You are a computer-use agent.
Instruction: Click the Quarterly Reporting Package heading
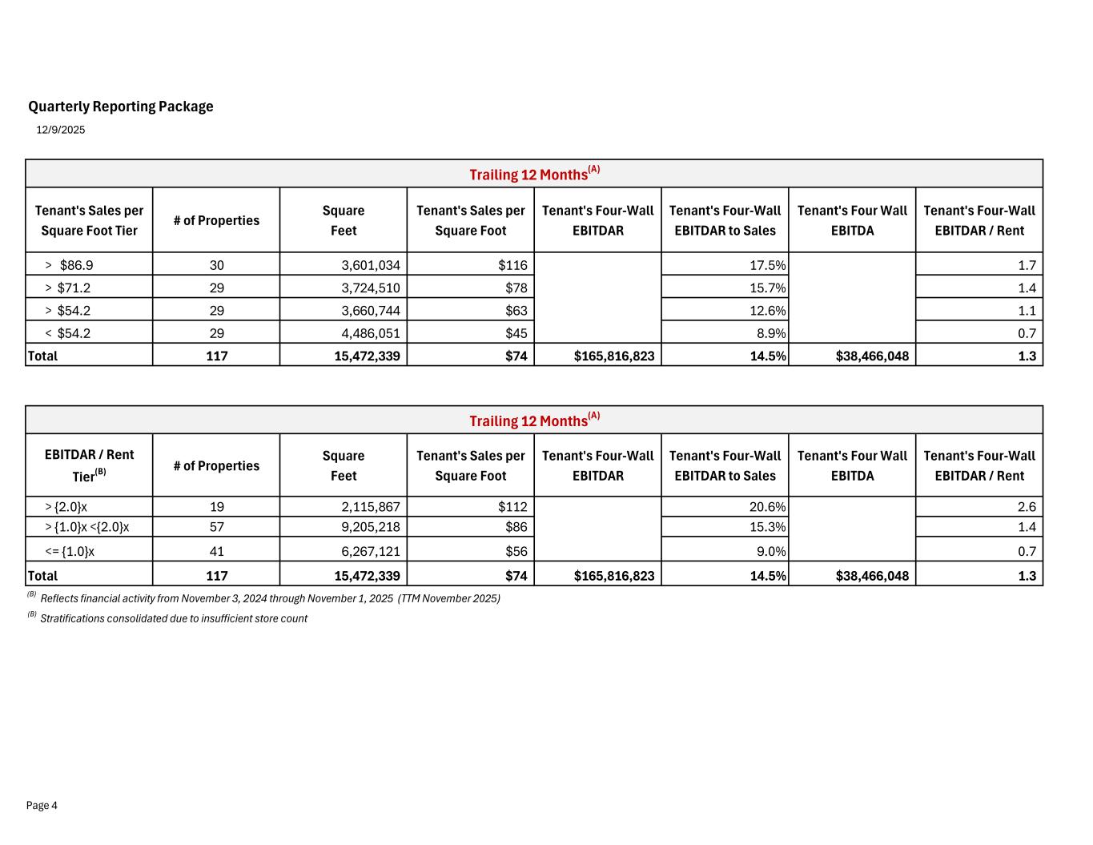pos(121,107)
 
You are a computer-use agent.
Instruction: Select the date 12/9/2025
pos(61,130)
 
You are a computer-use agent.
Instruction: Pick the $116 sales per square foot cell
pos(513,265)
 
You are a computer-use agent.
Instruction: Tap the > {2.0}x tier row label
pos(66,506)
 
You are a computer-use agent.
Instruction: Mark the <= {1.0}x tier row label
pos(70,551)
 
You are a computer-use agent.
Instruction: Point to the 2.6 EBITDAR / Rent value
pos(1027,506)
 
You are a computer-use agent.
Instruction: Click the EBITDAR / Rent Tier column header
pos(89,465)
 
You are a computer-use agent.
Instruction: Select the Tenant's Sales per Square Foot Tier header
pos(89,220)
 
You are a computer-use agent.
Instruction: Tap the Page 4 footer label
pos(42,806)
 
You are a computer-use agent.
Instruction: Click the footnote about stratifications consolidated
pos(173,618)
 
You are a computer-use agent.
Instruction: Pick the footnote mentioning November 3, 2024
pos(270,598)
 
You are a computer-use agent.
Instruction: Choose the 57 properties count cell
pos(216,527)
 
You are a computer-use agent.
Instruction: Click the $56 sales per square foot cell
pos(516,551)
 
